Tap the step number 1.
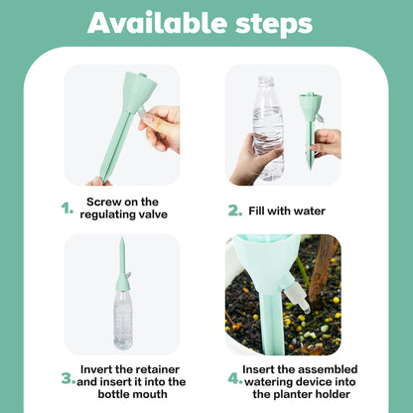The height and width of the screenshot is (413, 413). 68,208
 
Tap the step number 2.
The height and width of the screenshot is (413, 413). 235,210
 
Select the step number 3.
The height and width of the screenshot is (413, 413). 68,378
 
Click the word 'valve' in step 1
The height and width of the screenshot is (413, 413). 147,215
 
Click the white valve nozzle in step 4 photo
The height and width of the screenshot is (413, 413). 295,292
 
